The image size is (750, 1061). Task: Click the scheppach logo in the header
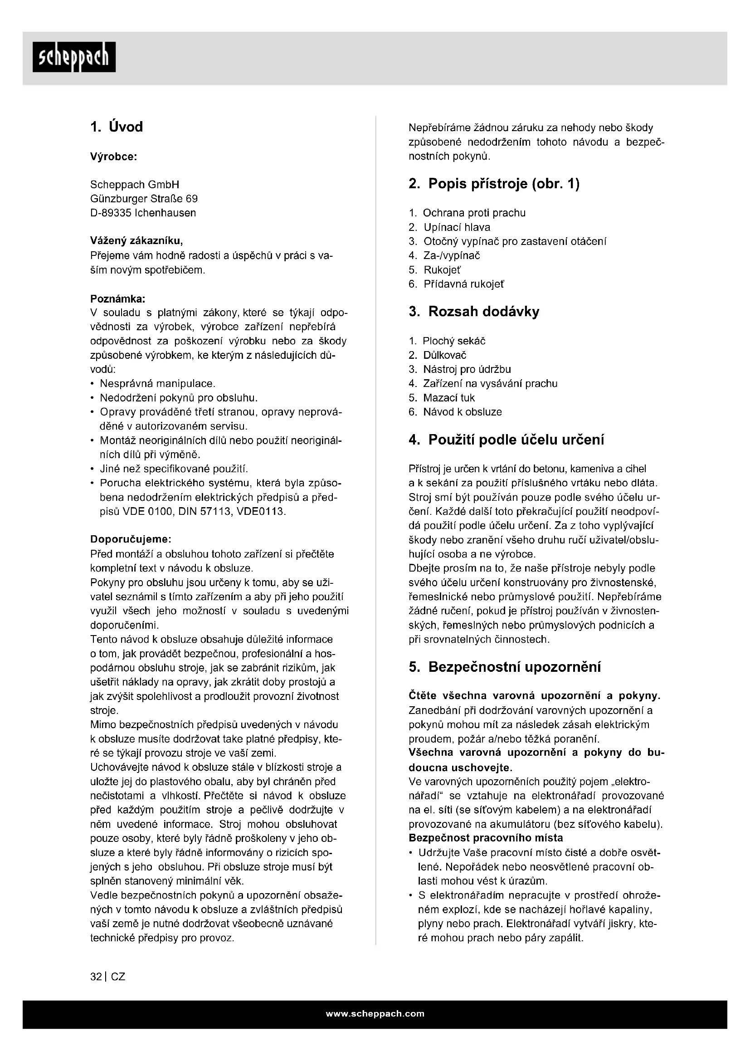coord(74,57)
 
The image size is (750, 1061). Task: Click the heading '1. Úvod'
coord(117,127)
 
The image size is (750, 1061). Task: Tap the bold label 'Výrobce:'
coord(114,156)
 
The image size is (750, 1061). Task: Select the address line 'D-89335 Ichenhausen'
coord(143,213)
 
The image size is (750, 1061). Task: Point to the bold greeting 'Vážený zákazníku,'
coord(136,241)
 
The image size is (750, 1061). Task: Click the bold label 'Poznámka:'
coord(118,298)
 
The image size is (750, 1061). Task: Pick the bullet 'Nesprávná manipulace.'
coord(157,384)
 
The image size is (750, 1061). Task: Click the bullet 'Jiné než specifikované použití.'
coord(174,469)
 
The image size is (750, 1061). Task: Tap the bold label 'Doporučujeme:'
coord(131,539)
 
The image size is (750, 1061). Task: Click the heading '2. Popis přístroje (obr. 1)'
coord(494,184)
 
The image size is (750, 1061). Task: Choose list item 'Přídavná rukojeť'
coord(464,284)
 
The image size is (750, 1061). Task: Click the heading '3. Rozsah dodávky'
coord(474,312)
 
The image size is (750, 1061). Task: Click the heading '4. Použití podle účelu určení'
coord(506,440)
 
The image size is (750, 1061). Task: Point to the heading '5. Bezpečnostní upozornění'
coord(505,667)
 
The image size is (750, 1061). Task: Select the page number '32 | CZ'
coord(107,977)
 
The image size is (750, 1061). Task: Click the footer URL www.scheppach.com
coord(375,1014)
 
